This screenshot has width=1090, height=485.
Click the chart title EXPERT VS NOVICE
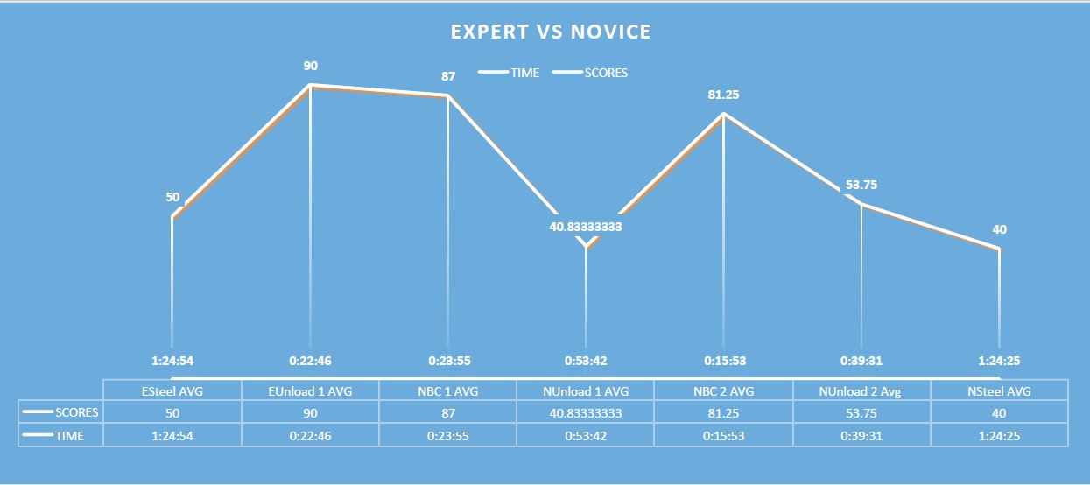(x=551, y=32)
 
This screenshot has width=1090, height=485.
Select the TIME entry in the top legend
(x=524, y=73)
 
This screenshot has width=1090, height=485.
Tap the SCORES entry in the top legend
(x=606, y=73)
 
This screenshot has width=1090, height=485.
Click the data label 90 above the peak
(x=310, y=66)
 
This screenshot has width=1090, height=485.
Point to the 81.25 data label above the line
(x=723, y=95)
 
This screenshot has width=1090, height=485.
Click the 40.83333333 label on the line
(x=586, y=226)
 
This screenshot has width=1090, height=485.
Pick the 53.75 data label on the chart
(x=861, y=185)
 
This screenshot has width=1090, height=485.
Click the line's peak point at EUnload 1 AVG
(x=310, y=85)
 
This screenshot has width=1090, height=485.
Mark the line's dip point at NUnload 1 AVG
(x=586, y=248)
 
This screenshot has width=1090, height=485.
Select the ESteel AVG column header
(x=172, y=391)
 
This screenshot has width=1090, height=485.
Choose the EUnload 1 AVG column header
(x=310, y=391)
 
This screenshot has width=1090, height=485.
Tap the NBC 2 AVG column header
(x=723, y=391)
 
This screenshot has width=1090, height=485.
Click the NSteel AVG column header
(x=999, y=391)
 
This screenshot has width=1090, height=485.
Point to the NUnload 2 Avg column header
(x=861, y=391)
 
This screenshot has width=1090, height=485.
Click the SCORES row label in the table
(x=76, y=412)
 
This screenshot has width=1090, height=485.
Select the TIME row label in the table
(x=69, y=434)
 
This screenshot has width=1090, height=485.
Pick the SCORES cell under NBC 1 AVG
(x=448, y=412)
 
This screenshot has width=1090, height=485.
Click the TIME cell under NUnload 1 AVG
(x=586, y=434)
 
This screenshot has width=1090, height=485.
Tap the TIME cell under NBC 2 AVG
(x=723, y=434)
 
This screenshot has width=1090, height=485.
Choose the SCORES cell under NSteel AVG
(x=999, y=412)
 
